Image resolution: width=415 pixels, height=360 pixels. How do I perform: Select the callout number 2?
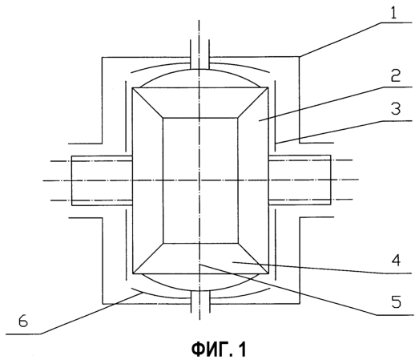(x=395, y=75)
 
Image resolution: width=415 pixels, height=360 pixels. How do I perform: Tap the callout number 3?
(x=396, y=109)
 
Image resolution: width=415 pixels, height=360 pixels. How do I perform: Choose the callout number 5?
(x=396, y=301)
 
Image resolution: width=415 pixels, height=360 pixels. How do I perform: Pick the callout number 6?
(x=23, y=322)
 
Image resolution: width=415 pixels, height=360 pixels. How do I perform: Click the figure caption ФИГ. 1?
(x=219, y=350)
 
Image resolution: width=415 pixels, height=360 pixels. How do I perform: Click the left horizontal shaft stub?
(x=102, y=180)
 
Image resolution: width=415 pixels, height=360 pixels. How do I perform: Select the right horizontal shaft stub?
(x=300, y=180)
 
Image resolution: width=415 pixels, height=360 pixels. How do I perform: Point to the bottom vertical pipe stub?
(x=199, y=301)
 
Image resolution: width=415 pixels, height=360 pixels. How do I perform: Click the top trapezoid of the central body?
(x=200, y=103)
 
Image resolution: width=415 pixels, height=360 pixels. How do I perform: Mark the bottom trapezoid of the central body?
(x=200, y=258)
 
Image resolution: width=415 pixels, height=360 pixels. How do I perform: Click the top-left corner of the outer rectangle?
(x=132, y=87)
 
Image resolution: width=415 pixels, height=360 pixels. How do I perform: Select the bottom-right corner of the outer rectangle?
(x=268, y=273)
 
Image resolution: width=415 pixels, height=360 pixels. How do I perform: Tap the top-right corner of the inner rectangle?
(x=237, y=118)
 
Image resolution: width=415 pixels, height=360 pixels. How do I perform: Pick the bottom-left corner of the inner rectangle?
(x=163, y=243)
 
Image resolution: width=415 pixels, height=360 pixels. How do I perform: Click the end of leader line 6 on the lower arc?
(x=142, y=293)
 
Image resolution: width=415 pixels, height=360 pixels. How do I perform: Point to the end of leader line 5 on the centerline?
(x=199, y=265)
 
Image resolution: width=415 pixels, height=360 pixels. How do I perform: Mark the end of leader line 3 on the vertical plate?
(x=276, y=144)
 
